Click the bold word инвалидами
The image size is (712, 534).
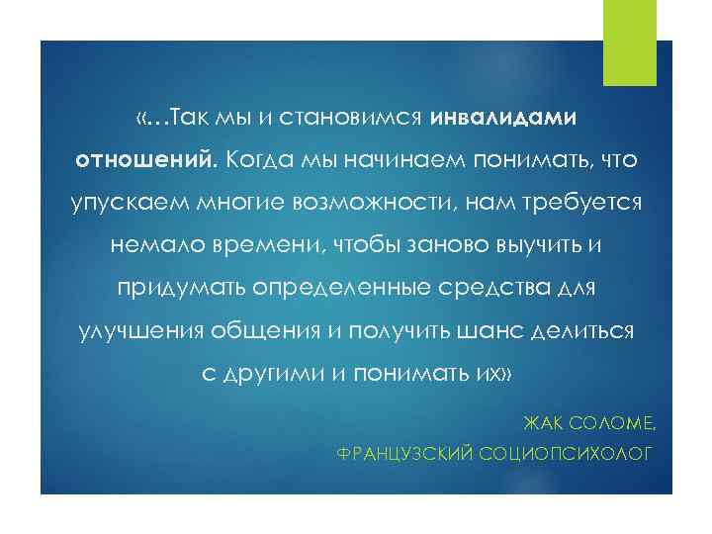(x=502, y=118)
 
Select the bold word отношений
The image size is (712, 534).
(x=144, y=160)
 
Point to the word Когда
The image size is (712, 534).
(x=258, y=160)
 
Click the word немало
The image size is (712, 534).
(x=150, y=246)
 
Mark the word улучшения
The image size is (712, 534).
(x=136, y=331)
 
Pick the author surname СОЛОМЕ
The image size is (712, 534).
(x=612, y=424)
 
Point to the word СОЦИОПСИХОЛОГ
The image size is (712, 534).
(x=566, y=454)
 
